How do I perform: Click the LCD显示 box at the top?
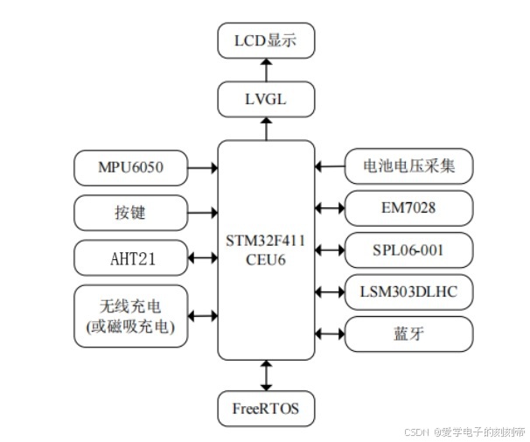point(265,39)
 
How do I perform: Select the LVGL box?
point(265,102)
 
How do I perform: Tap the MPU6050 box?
point(131,165)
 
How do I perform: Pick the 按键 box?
point(131,211)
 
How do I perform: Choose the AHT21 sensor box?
point(131,258)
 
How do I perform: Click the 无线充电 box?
point(131,316)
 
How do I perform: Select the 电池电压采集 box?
point(409,164)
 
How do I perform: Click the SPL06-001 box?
point(409,249)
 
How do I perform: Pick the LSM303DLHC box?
point(409,291)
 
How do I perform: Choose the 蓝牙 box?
point(409,333)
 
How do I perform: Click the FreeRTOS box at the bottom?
point(265,408)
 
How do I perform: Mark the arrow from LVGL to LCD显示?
point(265,70)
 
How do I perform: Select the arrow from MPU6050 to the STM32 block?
point(202,165)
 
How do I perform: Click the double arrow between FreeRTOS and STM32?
point(265,375)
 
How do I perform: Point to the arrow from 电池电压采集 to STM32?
point(330,164)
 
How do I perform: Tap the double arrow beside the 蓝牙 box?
point(330,333)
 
